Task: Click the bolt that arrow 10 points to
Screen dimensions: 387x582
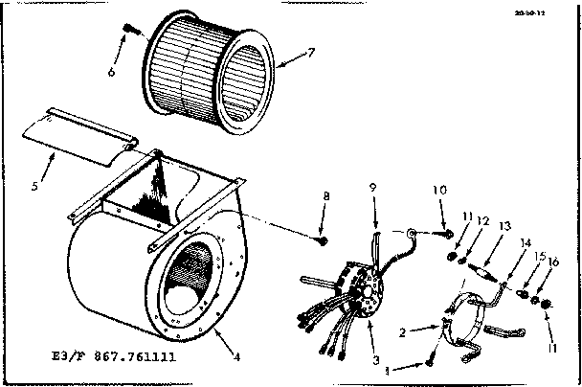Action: (x=446, y=233)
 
